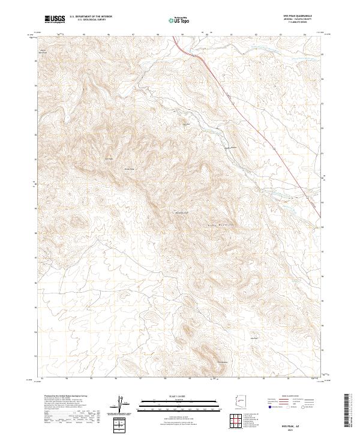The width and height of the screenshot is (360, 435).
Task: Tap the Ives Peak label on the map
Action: (x=109, y=158)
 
